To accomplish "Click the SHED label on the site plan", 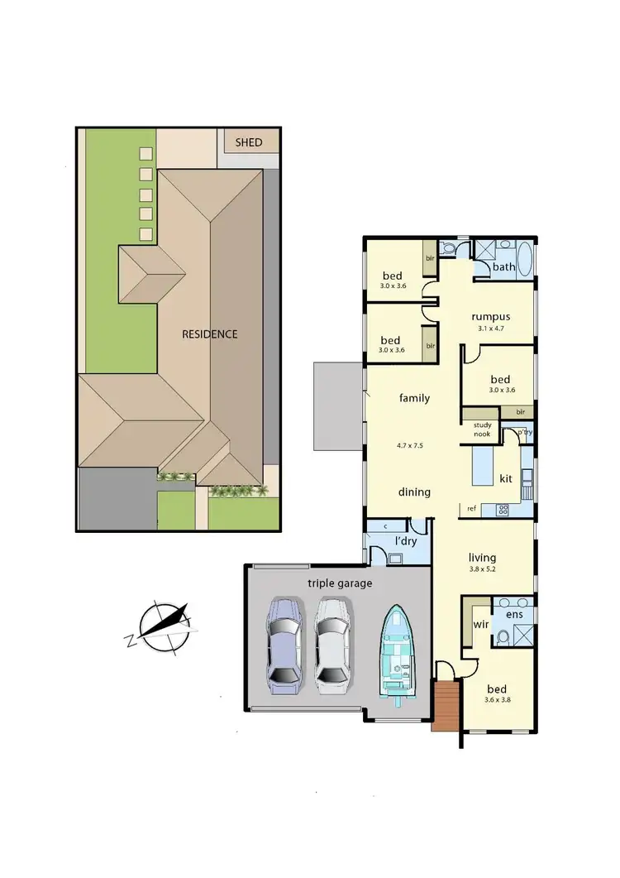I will pyautogui.click(x=249, y=142).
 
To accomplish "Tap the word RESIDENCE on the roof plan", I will pyautogui.click(x=210, y=334).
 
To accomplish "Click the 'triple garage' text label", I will pyautogui.click(x=340, y=583).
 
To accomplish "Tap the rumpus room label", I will pyautogui.click(x=490, y=316).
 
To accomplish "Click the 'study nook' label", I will pyautogui.click(x=483, y=429).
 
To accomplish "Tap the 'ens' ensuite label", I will pyautogui.click(x=514, y=616).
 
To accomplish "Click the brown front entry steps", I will pyautogui.click(x=445, y=705).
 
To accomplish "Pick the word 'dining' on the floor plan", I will pyautogui.click(x=414, y=492).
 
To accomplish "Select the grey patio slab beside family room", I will pyautogui.click(x=336, y=406).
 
